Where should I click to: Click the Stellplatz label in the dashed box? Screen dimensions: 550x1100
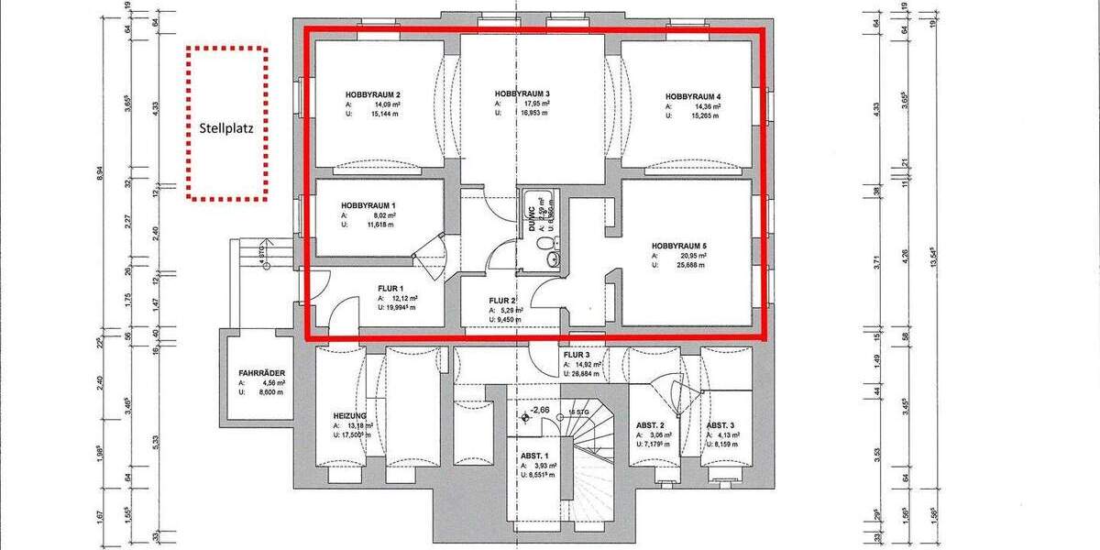(226, 129)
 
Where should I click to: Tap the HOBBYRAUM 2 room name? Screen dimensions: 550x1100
(372, 95)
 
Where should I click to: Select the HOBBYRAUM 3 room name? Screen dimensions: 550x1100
(522, 93)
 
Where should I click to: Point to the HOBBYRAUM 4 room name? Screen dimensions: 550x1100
(693, 96)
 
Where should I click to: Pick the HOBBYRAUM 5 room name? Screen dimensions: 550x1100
(679, 247)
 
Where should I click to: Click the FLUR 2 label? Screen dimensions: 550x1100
(503, 300)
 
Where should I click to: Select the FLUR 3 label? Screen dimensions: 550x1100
(577, 354)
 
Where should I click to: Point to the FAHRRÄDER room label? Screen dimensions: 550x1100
(260, 373)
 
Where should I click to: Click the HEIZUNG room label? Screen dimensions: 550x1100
(350, 415)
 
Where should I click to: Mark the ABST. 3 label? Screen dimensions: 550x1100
(721, 425)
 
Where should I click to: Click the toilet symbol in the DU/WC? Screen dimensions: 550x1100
(546, 244)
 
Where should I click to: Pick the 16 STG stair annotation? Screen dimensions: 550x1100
(578, 412)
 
